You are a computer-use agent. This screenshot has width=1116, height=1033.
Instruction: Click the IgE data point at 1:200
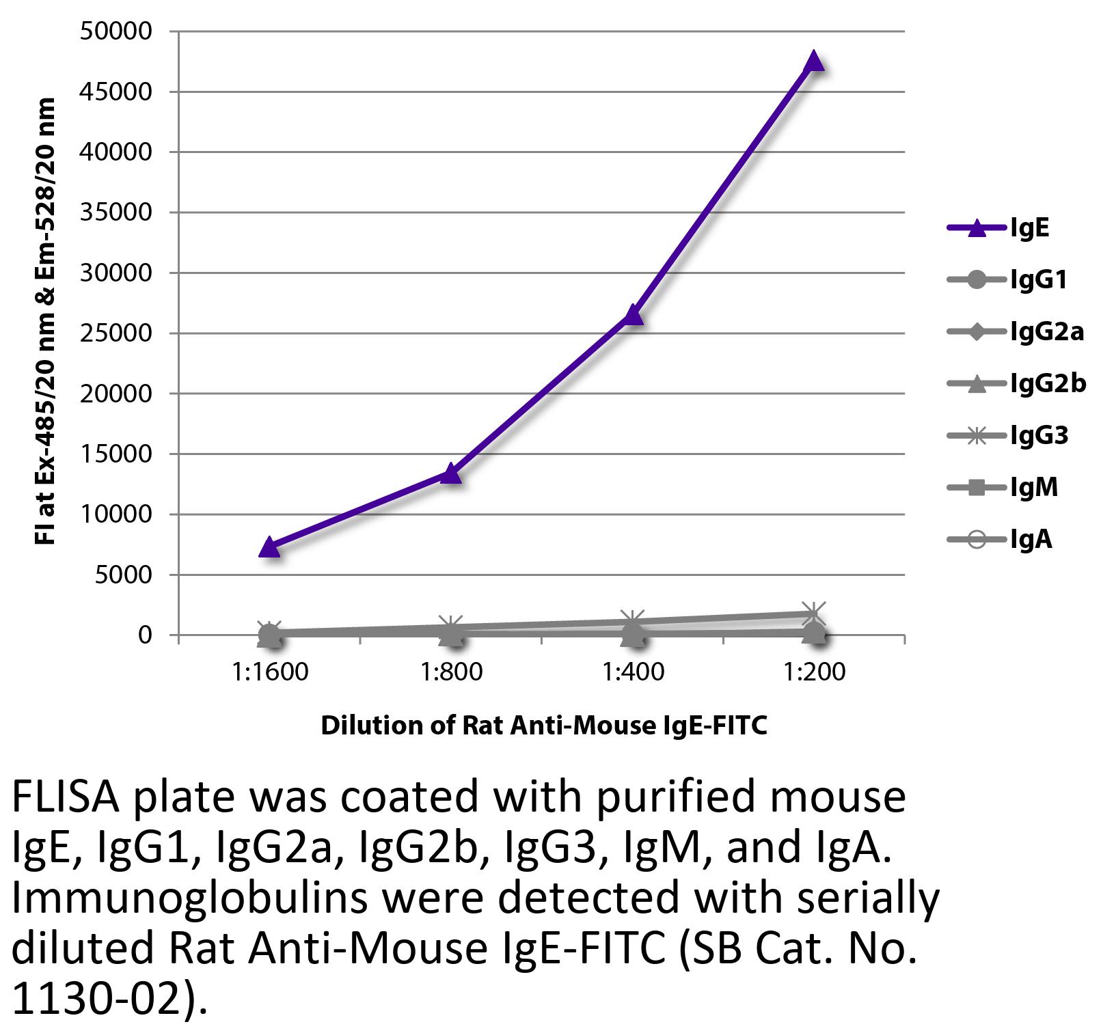(814, 61)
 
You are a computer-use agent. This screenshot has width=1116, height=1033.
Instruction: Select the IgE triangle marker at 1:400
(633, 315)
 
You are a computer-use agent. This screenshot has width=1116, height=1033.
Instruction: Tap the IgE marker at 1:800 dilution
(451, 473)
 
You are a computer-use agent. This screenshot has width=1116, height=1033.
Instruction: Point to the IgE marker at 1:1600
(269, 547)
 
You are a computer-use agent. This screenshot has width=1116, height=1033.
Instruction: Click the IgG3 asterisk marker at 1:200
(814, 612)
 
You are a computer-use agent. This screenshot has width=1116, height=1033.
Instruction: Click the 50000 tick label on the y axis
(115, 31)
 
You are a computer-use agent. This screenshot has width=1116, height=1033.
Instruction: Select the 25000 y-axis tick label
(115, 333)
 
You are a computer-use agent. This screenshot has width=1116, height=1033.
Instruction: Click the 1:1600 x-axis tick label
(269, 672)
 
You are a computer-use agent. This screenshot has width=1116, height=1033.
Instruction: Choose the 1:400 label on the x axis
(633, 672)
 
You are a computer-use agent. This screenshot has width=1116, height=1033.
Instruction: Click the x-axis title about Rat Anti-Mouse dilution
(544, 726)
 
